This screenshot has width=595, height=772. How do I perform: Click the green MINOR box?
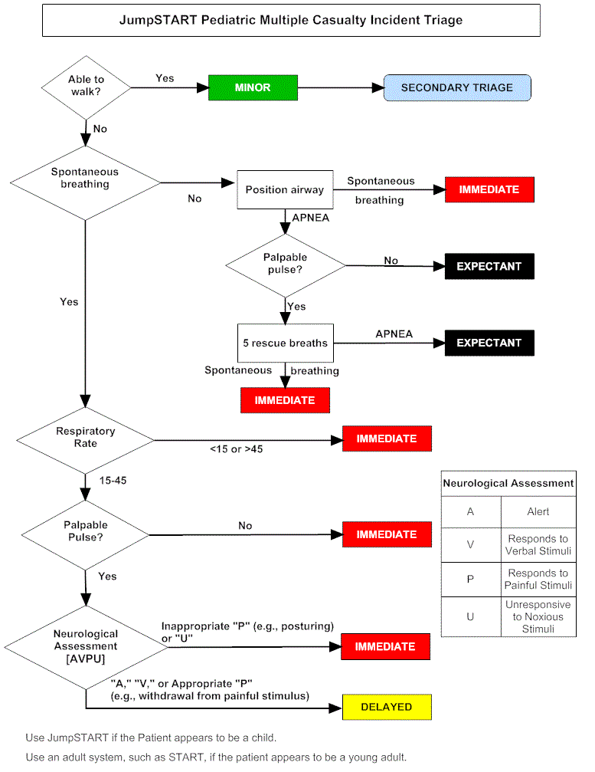253,87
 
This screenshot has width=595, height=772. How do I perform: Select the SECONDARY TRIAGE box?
456,87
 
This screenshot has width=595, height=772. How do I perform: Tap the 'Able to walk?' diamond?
85,86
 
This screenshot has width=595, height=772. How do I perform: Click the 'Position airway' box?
284,189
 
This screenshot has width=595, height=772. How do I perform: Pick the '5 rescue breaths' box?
285,343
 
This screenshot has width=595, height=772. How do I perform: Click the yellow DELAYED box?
387,707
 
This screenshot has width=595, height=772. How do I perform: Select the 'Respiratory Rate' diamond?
85,438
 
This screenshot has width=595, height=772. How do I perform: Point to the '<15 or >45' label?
236,448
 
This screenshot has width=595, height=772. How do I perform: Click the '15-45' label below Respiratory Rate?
113,480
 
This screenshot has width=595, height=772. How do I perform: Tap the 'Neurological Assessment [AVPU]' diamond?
85,646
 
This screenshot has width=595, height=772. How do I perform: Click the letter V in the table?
470,544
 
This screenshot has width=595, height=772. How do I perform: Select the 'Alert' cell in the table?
538,511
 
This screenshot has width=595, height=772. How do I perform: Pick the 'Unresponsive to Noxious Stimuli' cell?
538,616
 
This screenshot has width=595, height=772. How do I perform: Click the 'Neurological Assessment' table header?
508,483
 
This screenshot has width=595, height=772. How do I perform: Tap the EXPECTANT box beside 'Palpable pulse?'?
489,266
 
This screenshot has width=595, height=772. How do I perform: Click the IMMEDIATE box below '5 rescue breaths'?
284,400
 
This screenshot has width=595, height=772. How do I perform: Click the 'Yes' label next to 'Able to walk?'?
165,78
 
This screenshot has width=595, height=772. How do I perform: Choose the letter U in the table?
470,616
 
